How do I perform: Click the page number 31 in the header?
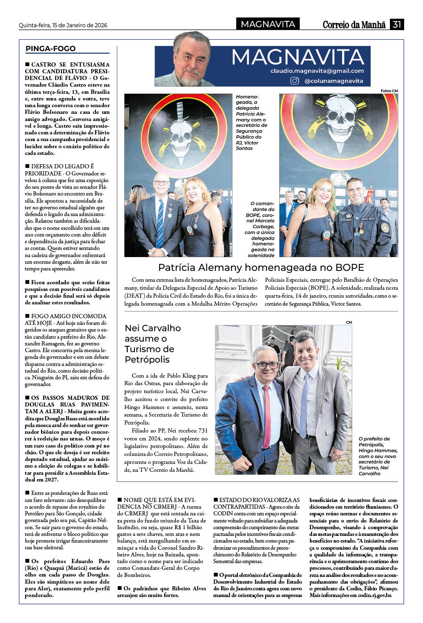397,24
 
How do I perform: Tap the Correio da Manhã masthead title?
354,25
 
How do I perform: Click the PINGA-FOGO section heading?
51,49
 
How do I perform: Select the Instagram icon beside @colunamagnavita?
295,81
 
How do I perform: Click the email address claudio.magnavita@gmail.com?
317,71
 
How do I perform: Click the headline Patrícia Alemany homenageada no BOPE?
261,268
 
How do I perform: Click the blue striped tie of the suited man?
160,224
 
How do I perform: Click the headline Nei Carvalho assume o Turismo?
152,344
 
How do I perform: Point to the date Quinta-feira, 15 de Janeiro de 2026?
63,25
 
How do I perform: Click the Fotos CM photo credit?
389,91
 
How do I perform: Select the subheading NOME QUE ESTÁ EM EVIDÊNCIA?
160,503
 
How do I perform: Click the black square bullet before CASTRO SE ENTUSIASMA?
28,64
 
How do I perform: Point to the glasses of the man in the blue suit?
267,365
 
